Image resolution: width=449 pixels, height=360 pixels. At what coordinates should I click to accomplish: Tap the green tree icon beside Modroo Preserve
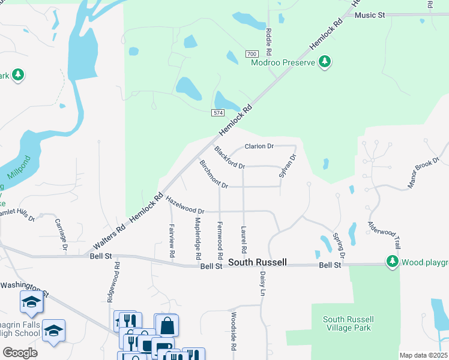325,62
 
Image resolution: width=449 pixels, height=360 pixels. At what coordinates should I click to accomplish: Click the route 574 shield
218,113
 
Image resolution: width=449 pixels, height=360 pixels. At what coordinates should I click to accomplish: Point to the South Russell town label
256,263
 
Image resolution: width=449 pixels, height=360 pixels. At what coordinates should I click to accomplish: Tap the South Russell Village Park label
348,323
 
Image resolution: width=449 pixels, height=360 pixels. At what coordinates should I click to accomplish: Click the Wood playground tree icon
392,262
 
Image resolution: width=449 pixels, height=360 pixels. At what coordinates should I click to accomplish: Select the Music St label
369,15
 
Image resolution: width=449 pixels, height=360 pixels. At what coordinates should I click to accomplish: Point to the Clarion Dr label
259,146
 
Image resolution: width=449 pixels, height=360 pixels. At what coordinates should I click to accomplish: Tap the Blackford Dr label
229,158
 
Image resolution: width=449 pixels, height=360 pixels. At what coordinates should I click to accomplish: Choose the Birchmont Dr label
214,175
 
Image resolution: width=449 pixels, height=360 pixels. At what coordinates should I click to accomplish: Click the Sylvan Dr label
288,166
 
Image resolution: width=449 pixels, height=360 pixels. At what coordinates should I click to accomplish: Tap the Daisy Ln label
262,284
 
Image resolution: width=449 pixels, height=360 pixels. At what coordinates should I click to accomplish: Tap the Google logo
20,353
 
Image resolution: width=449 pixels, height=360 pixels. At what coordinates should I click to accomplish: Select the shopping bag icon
167,326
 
